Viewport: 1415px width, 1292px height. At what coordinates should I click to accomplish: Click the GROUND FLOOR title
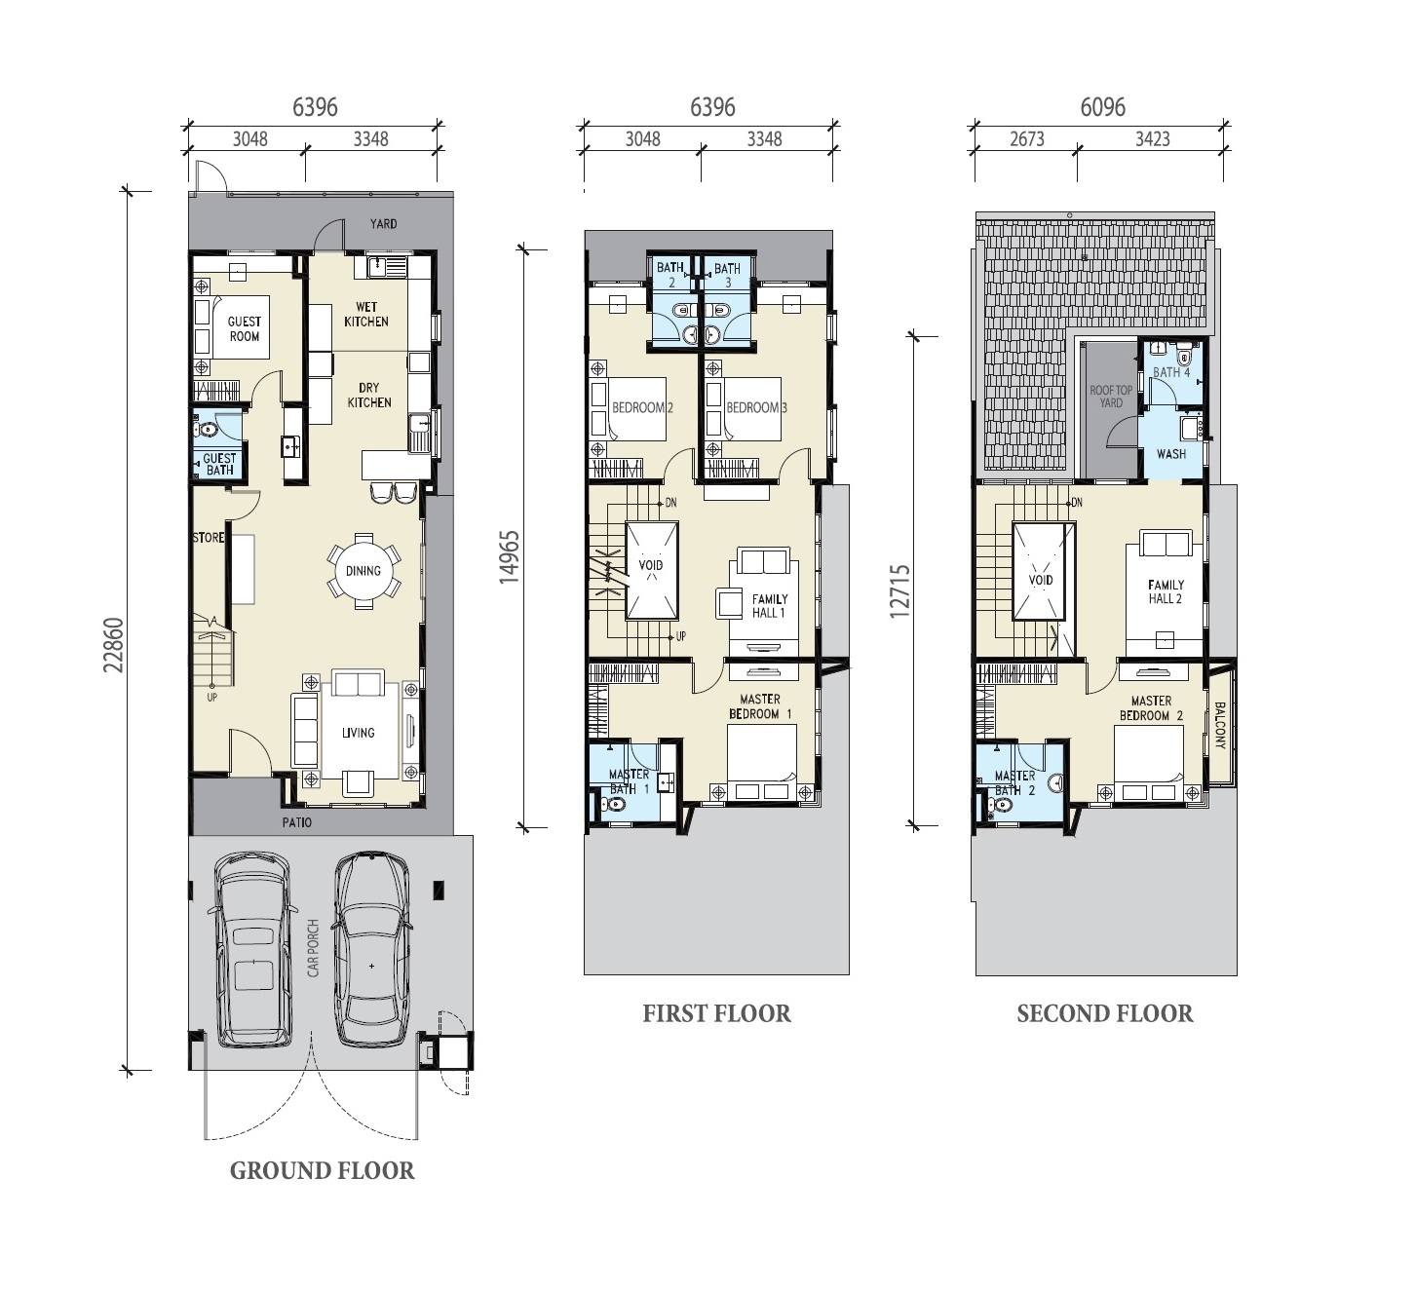click(x=323, y=1171)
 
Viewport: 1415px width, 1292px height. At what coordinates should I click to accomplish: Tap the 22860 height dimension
click(x=114, y=645)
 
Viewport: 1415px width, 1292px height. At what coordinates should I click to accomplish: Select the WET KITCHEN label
click(x=366, y=315)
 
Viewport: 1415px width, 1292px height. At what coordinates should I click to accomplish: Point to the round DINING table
click(x=363, y=571)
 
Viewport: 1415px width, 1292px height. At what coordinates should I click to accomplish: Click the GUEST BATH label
click(x=219, y=464)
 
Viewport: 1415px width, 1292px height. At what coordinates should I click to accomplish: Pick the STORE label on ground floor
click(x=209, y=538)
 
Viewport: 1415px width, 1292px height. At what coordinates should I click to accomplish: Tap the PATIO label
click(x=296, y=822)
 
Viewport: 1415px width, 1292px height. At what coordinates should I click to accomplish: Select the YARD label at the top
click(x=384, y=223)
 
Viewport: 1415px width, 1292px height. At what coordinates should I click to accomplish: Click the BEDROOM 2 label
click(x=642, y=407)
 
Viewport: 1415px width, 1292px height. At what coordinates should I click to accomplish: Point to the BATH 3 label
click(x=727, y=275)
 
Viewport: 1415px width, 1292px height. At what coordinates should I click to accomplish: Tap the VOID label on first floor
click(x=650, y=565)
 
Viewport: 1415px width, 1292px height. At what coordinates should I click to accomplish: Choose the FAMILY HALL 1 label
click(x=769, y=606)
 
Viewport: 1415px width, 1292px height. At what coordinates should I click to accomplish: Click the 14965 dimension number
click(x=510, y=557)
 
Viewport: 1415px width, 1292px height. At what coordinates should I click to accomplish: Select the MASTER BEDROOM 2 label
click(x=1151, y=708)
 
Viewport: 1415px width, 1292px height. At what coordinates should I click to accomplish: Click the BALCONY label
click(x=1220, y=726)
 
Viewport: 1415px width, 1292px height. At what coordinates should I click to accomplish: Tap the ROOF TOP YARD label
click(x=1111, y=397)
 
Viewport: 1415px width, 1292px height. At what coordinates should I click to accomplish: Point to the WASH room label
click(x=1171, y=454)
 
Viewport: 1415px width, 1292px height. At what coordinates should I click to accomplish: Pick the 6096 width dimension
click(x=1102, y=107)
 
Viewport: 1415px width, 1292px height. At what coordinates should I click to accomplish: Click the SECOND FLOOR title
click(x=1105, y=1013)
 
